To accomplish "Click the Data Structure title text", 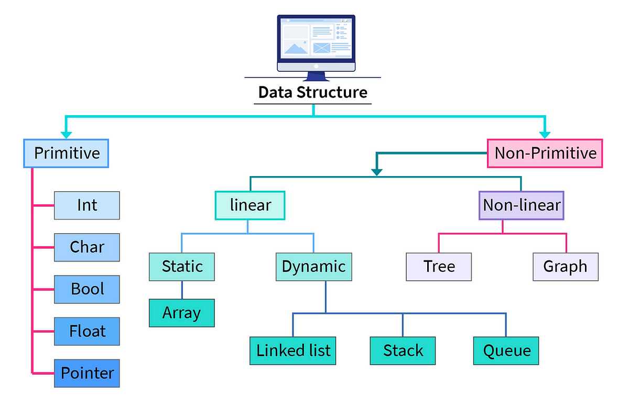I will [313, 93].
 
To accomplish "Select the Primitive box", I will [66, 154].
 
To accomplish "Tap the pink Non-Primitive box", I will [545, 154].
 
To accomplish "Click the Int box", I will [87, 205].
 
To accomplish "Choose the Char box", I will [87, 247].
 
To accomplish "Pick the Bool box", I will [87, 289].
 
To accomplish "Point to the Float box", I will [87, 331].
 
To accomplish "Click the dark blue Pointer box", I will [87, 373].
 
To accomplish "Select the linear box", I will [250, 205].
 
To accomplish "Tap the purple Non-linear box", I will [522, 205].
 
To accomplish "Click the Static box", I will [182, 267].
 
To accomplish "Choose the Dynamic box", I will [313, 267].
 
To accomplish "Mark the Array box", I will [182, 313].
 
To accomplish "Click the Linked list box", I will [293, 351].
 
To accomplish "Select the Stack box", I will [403, 351].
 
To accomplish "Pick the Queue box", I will [506, 351].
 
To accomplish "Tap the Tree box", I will [439, 267].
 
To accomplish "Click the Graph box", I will [565, 267].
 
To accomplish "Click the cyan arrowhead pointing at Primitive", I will [66, 135].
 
